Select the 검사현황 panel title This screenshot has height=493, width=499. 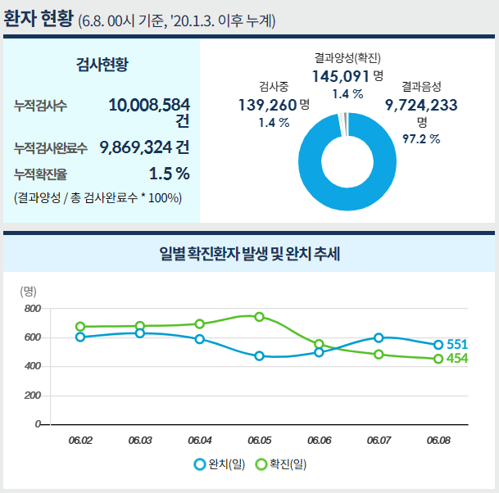pos(102,64)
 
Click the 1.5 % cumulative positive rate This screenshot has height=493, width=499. pos(169,174)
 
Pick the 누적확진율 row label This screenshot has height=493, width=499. pos(40,174)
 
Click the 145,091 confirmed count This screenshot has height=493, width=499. pos(342,76)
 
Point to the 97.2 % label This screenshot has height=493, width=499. pos(422,138)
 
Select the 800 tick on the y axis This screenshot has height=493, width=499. pos(33,309)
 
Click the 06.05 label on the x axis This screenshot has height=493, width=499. pos(259,441)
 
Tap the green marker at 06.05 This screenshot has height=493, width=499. pos(259,317)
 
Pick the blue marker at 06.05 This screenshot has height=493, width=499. pos(259,356)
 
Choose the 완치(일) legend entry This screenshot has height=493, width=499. pos(220,464)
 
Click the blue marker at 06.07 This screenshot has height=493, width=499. pos(379,337)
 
